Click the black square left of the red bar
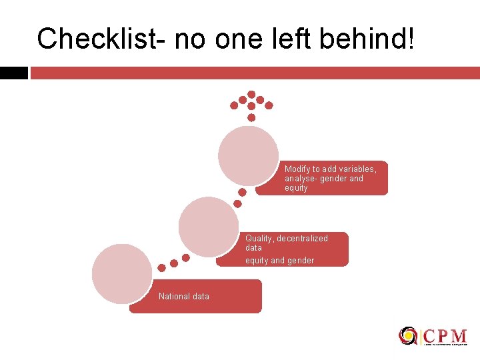[13, 73]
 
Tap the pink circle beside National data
[122, 274]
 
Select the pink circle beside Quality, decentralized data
[209, 226]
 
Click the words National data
[184, 297]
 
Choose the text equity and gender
[279, 261]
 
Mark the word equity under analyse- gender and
[296, 188]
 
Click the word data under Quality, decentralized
[253, 247]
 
